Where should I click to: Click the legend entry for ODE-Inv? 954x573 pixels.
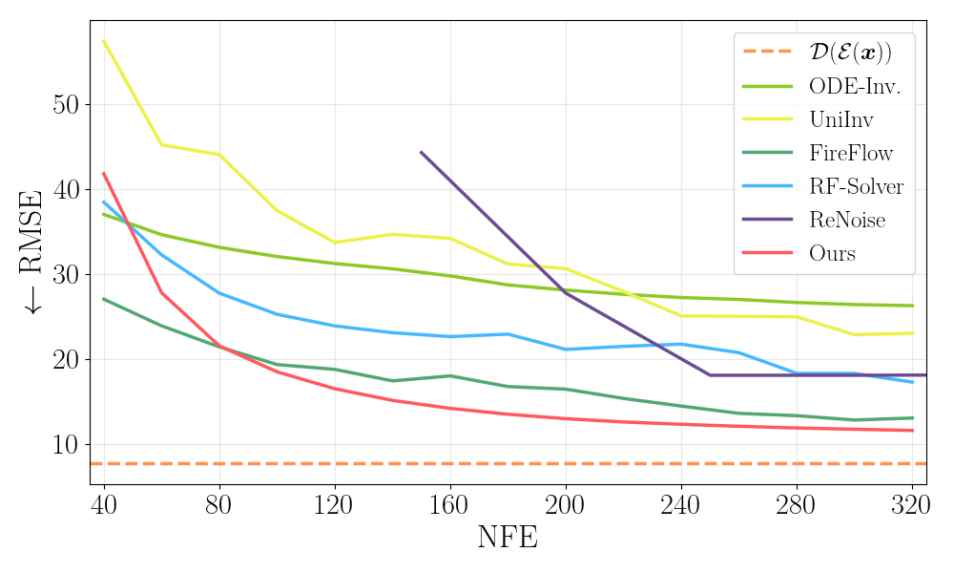pos(855,86)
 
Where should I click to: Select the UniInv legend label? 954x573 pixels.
pos(840,119)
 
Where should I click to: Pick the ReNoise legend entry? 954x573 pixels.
pos(847,220)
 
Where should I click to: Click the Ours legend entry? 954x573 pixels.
pos(832,253)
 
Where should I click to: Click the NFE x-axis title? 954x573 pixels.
pos(507,539)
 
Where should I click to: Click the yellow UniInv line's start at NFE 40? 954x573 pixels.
pos(103,40)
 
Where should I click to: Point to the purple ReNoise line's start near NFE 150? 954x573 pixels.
pos(421,152)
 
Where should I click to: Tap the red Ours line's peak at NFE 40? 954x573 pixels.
pos(103,173)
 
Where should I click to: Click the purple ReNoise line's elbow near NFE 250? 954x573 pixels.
pos(710,375)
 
